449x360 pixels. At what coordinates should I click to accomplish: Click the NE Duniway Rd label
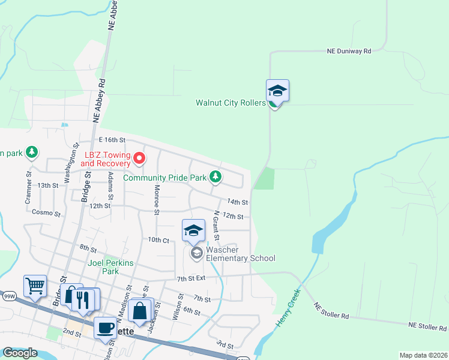(349, 51)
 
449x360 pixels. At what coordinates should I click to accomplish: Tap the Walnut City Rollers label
(231, 103)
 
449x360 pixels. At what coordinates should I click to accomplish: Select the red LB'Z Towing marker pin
(139, 158)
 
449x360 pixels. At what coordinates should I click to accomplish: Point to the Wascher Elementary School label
(241, 254)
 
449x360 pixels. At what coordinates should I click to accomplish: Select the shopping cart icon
(35, 286)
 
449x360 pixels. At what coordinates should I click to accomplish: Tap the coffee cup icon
(105, 327)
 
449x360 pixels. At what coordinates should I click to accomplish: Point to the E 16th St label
(112, 139)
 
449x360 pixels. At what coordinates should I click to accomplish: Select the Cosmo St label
(46, 213)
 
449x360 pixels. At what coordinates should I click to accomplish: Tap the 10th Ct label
(158, 240)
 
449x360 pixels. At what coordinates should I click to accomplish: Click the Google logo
(20, 353)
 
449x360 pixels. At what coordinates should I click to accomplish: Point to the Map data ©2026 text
(423, 355)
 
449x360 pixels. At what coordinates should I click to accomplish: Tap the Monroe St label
(156, 200)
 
